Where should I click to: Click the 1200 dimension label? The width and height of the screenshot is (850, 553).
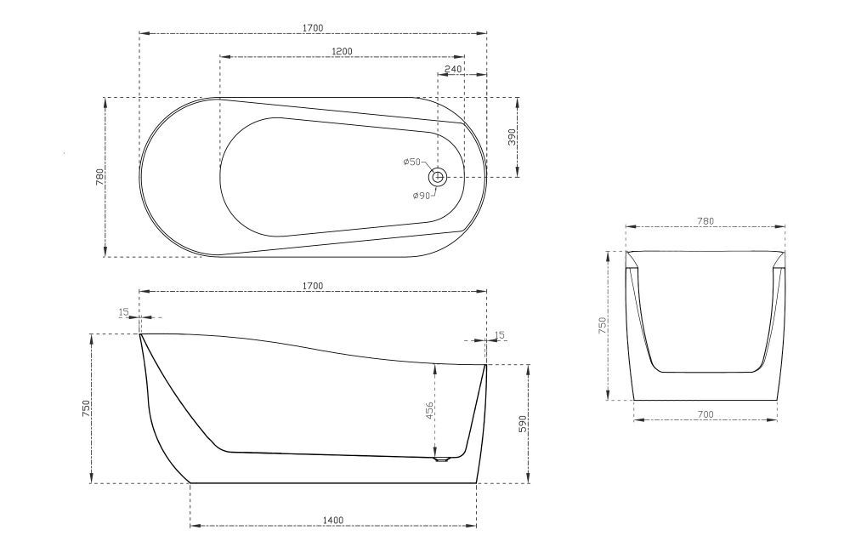tap(342, 52)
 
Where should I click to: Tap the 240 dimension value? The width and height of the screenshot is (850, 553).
tap(453, 69)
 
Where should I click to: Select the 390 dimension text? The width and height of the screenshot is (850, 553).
tap(513, 138)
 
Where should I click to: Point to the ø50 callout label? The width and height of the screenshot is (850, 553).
tap(412, 162)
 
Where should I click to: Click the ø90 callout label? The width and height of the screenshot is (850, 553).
tap(422, 196)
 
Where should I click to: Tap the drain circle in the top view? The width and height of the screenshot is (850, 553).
tap(438, 176)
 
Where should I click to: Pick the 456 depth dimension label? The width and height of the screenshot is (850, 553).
tap(428, 411)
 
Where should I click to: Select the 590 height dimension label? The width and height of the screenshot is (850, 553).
tap(523, 424)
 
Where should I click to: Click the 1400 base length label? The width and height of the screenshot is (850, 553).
tap(333, 521)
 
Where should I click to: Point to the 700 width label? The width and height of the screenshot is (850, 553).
tap(705, 414)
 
